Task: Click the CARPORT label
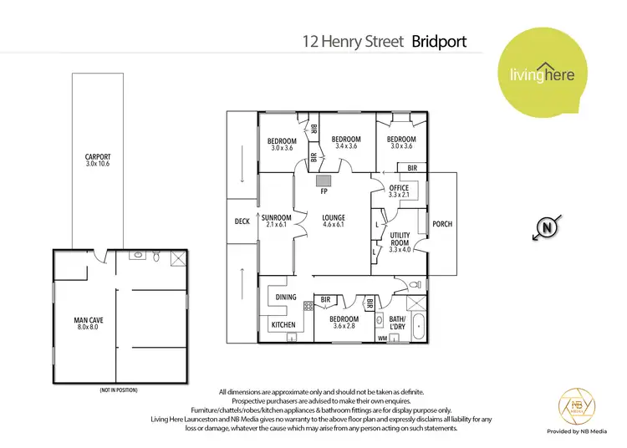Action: point(98,156)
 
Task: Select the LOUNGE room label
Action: point(334,218)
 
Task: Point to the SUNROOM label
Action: point(277,218)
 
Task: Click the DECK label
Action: point(242,221)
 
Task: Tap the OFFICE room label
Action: point(399,188)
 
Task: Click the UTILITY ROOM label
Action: point(400,239)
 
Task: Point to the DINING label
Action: point(286,298)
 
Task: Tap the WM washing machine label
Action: point(384,339)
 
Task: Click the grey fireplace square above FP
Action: point(324,180)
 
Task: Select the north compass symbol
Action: point(548,227)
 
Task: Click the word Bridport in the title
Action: point(439,40)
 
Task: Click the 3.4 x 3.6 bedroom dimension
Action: point(346,146)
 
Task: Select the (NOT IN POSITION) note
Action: point(118,390)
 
